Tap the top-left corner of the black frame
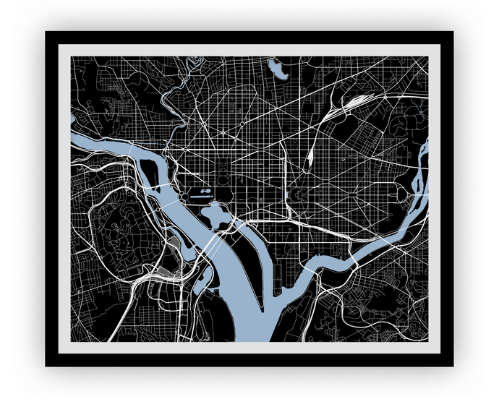point(46,33)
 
